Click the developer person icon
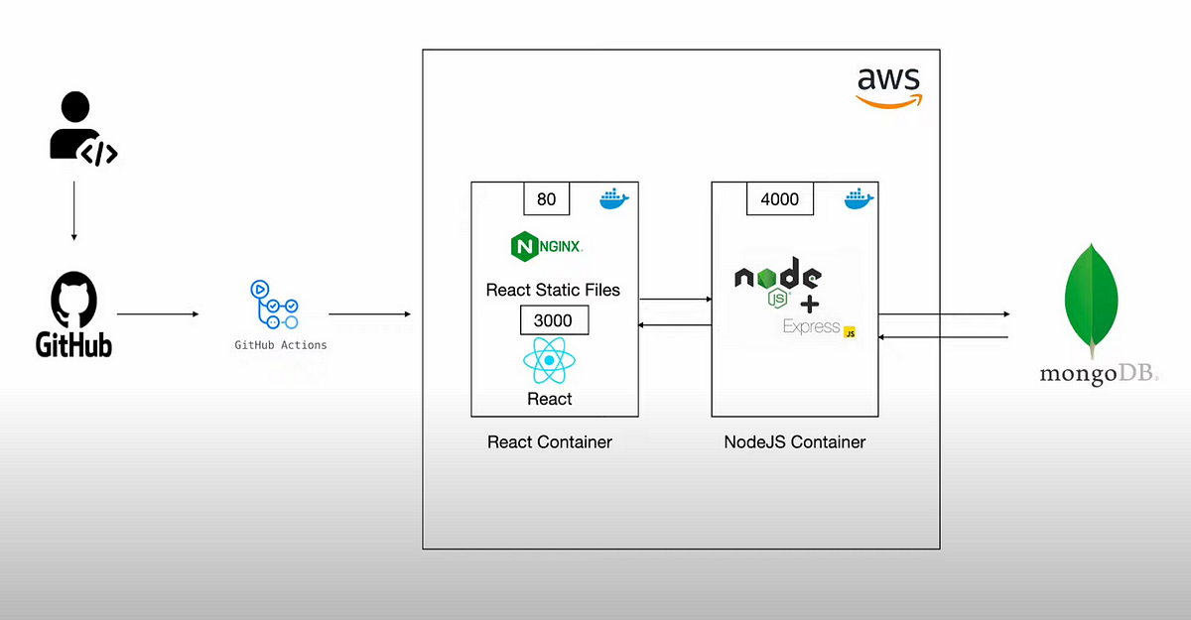(x=79, y=128)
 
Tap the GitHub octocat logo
(x=73, y=300)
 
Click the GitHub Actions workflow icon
(x=274, y=305)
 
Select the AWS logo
(x=888, y=88)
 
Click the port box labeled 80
(x=547, y=198)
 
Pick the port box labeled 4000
(x=780, y=198)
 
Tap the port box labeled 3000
(x=554, y=319)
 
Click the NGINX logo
(x=547, y=247)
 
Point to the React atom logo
(x=549, y=360)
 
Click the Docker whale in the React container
(x=614, y=198)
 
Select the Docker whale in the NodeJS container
(x=859, y=198)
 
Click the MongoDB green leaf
(x=1091, y=301)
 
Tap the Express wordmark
(x=812, y=326)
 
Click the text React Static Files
(x=553, y=290)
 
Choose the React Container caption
(x=550, y=442)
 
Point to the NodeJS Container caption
(x=795, y=442)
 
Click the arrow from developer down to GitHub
(x=73, y=211)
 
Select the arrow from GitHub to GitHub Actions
(x=158, y=314)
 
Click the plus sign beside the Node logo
(x=810, y=305)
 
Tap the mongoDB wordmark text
(x=1099, y=373)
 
